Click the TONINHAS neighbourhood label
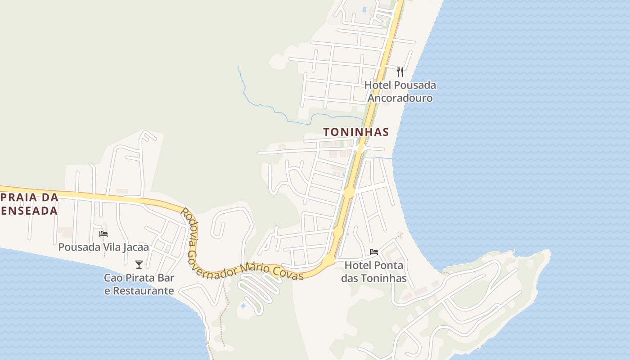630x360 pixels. (x=355, y=132)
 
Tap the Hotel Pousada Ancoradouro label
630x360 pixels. (x=400, y=91)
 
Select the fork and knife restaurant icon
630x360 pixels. (x=400, y=72)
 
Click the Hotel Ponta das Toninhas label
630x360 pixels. (x=373, y=272)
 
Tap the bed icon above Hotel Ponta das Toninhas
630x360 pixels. (x=373, y=252)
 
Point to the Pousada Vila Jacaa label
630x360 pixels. (x=103, y=247)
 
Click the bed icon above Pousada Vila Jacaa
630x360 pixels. (x=103, y=234)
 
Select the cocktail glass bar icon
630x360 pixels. (x=139, y=264)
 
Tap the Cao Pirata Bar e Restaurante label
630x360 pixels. (x=139, y=284)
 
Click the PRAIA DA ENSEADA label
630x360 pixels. (x=30, y=204)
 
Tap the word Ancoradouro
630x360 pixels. (x=400, y=98)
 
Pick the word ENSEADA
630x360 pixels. (x=30, y=211)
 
